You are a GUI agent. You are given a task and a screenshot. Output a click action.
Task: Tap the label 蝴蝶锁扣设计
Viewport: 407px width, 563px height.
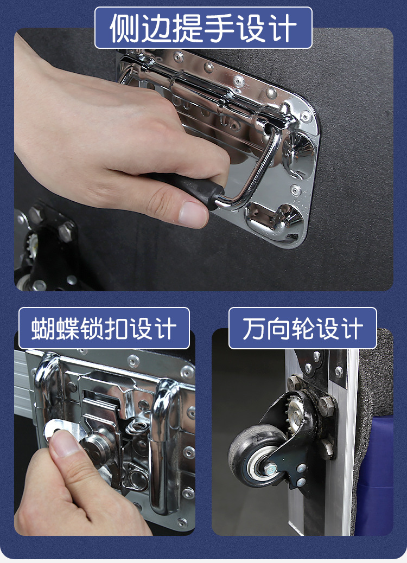point(104,329)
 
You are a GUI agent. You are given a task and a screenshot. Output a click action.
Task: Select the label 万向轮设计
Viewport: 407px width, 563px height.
point(302,329)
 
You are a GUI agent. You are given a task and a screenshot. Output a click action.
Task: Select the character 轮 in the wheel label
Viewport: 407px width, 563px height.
point(302,329)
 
